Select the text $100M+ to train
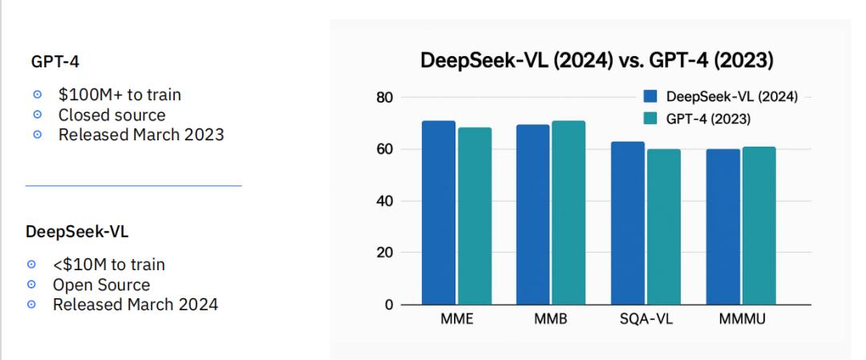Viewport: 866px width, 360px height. (x=119, y=95)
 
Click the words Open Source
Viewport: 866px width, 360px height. (x=100, y=285)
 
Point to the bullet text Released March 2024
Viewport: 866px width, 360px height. (x=135, y=304)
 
